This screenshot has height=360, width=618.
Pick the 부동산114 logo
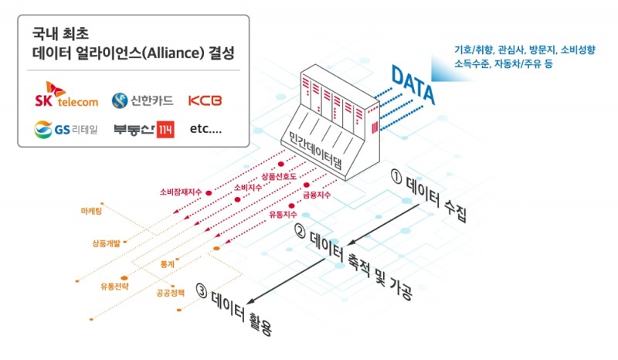tap(143, 130)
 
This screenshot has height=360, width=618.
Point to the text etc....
tap(205, 130)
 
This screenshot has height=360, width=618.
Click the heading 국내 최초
tap(59, 35)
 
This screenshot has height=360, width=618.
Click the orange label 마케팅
tap(91, 210)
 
